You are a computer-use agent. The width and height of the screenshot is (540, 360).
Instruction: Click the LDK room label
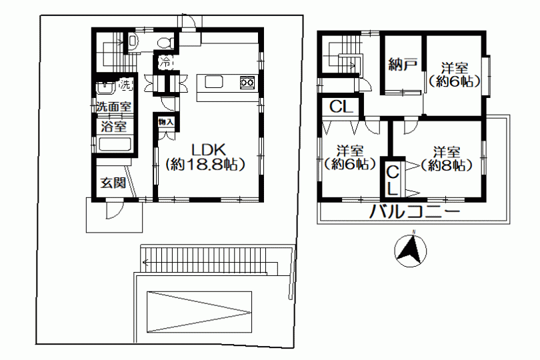[209, 150]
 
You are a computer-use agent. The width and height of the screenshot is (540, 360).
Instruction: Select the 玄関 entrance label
[113, 183]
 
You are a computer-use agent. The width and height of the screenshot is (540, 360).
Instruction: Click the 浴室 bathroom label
[113, 127]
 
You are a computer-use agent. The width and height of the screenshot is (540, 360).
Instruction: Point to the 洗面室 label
[113, 107]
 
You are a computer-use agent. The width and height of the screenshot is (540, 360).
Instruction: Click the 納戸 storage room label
[403, 64]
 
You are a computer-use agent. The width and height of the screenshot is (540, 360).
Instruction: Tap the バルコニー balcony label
[415, 211]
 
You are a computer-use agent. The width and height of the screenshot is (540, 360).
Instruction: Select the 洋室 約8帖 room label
[446, 159]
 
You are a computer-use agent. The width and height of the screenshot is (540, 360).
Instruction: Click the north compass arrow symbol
[410, 250]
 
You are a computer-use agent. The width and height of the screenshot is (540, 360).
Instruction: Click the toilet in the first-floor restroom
[166, 43]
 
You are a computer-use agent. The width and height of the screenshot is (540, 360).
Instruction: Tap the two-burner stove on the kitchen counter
[247, 83]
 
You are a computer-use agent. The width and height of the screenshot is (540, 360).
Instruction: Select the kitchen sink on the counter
[214, 82]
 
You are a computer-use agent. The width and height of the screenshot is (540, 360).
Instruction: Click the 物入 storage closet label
[165, 122]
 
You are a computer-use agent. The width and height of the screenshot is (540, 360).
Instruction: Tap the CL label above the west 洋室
[341, 107]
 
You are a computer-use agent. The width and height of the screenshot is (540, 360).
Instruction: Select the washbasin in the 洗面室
[106, 87]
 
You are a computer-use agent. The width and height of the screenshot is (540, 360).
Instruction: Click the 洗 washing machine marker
[125, 85]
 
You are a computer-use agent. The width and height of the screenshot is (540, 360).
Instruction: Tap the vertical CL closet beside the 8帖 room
[392, 179]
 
